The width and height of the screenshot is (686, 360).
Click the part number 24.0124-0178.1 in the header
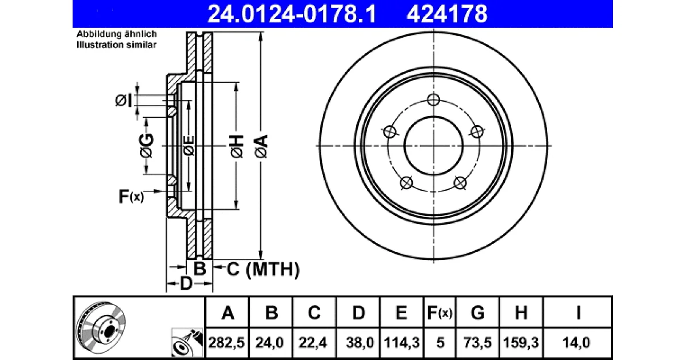(x=292, y=14)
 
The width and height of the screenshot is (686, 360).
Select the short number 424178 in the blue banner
(x=447, y=14)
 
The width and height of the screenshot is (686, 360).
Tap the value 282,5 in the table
(x=226, y=342)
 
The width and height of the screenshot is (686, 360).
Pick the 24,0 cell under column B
(x=269, y=342)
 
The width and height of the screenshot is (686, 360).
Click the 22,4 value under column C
(x=313, y=342)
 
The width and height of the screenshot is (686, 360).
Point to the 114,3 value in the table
(x=401, y=342)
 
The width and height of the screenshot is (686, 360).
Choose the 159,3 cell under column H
(x=521, y=342)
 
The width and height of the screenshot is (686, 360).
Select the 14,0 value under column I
(x=576, y=342)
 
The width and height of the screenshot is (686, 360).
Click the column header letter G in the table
(x=477, y=313)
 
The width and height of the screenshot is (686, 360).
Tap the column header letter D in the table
(x=358, y=313)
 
